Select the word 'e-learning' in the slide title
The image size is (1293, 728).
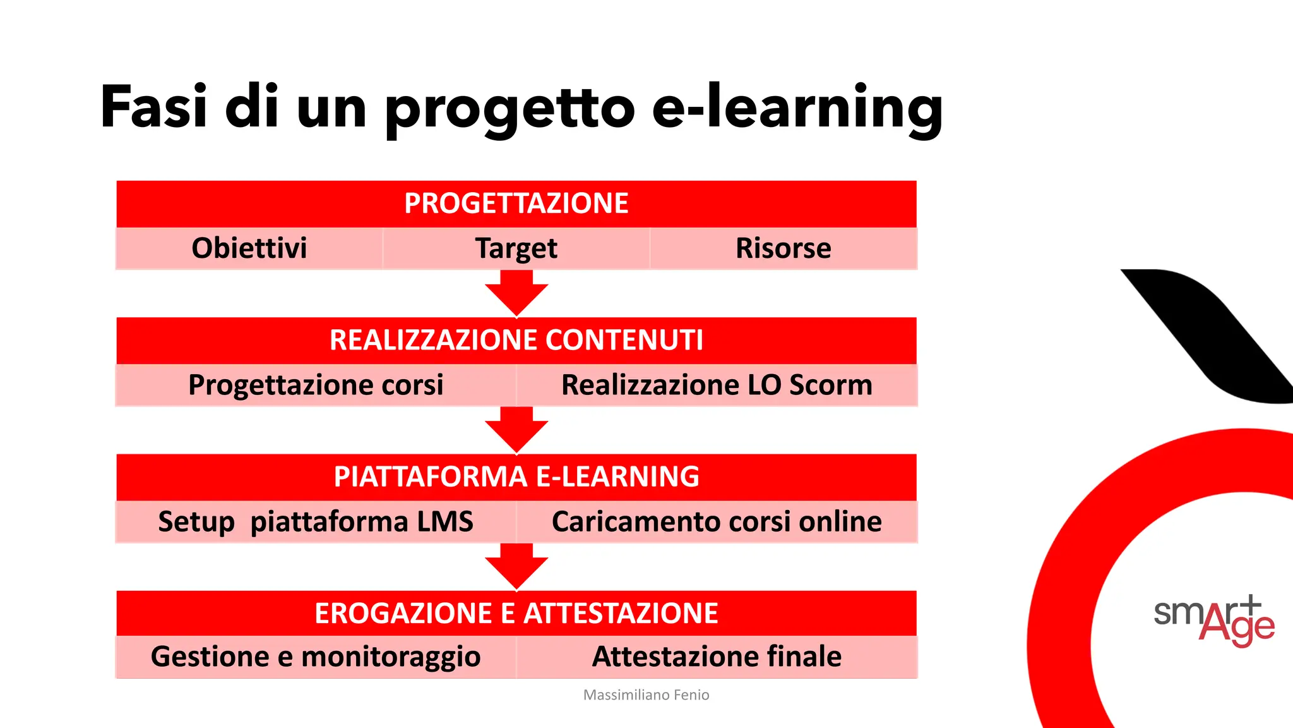(797, 107)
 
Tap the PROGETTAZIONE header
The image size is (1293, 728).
(516, 203)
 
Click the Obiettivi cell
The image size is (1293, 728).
(249, 248)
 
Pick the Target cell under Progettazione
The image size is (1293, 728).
(516, 248)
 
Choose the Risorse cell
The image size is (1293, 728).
(783, 248)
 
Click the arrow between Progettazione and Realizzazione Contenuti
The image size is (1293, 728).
(516, 293)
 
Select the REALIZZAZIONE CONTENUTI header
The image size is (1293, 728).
(516, 340)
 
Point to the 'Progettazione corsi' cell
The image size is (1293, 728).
(316, 385)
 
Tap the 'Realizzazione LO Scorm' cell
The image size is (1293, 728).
(717, 385)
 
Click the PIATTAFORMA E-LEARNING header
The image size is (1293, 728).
(516, 476)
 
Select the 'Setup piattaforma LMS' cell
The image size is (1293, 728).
(316, 522)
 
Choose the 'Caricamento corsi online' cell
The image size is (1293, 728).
(717, 522)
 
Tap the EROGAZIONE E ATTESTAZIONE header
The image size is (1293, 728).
(516, 613)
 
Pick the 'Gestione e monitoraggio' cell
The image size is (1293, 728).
(316, 657)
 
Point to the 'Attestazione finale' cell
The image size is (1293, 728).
(717, 657)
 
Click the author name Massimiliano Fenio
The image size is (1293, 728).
(646, 695)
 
